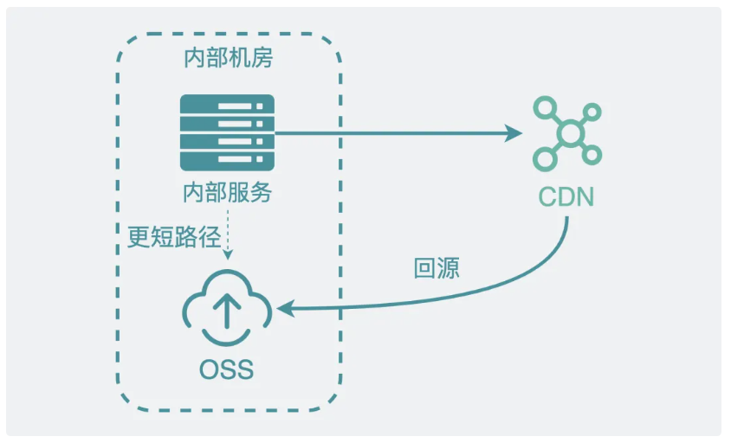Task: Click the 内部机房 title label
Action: pos(229,58)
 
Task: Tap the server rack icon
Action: pos(227,132)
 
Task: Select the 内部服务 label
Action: pos(227,192)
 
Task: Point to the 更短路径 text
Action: pos(174,236)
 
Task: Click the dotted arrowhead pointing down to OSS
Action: pos(228,254)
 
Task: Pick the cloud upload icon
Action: pos(227,307)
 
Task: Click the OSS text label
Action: pos(227,369)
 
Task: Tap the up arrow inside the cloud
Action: pos(227,311)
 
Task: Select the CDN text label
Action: pos(566,197)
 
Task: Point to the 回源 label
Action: pos(437,268)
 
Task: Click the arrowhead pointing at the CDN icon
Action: pos(514,133)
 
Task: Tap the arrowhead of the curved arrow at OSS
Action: pos(285,308)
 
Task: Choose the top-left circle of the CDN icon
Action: pos(545,108)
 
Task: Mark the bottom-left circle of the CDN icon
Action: pos(545,158)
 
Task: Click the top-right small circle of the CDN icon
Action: pos(592,112)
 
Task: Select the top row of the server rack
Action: pos(227,106)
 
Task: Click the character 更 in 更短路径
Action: pos(139,236)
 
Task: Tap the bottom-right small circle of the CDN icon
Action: pos(592,155)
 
